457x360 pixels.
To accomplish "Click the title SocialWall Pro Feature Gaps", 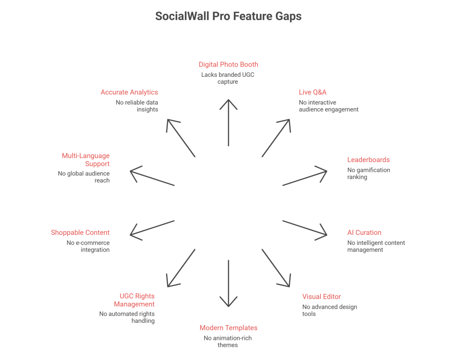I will tap(228, 17).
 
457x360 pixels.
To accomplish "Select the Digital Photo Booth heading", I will tap(228, 64).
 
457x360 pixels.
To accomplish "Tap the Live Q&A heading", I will tap(312, 92).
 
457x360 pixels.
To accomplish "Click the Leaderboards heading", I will tap(368, 159).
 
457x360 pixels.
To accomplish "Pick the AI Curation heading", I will tap(364, 232).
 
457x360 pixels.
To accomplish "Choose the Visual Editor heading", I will tap(321, 297).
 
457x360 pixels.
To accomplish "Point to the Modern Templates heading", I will tap(228, 328).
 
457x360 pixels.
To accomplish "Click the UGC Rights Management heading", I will tap(134, 300).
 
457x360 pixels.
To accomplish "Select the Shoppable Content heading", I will tap(80, 232).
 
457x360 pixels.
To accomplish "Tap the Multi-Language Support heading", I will tap(86, 159).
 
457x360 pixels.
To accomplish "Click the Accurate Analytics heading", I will tap(129, 92).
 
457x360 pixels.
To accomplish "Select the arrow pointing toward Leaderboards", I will tap(305, 177).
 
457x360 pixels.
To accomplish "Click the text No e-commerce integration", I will tap(88, 247).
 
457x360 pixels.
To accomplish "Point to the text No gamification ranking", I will tap(369, 173).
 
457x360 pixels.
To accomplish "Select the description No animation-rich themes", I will tap(228, 341).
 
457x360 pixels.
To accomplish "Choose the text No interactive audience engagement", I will tap(328, 106).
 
